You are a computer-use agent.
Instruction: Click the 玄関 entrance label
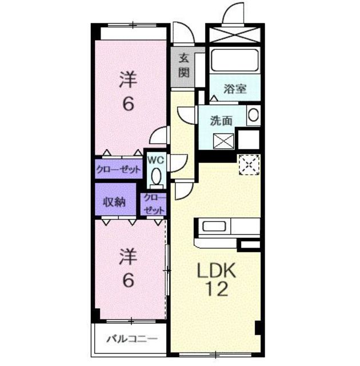[x=183, y=65]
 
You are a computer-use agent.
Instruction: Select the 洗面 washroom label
[x=221, y=121]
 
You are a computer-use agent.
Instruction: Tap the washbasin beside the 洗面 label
[x=253, y=116]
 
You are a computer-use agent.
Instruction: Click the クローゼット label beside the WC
[x=118, y=169]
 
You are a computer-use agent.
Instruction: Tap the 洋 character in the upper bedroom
[x=127, y=79]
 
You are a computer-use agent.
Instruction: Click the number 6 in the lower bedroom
[x=129, y=281]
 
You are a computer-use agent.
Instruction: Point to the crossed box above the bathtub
[x=234, y=34]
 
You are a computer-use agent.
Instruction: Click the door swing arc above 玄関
[x=184, y=34]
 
